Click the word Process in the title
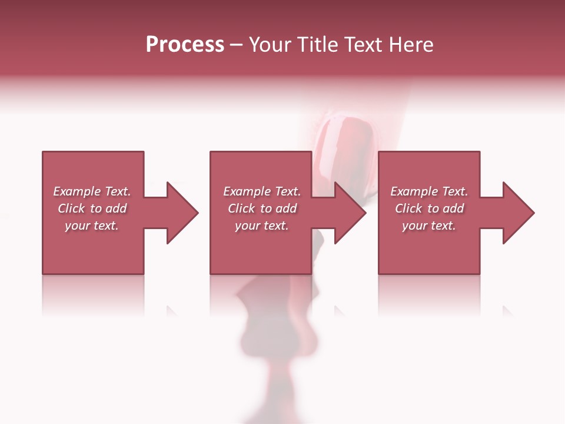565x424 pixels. pyautogui.click(x=185, y=45)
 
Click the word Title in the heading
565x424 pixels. pyautogui.click(x=318, y=45)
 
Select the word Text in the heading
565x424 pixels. pyautogui.click(x=363, y=45)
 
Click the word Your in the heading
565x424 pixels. pyautogui.click(x=270, y=45)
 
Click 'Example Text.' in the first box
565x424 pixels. pyautogui.click(x=92, y=191)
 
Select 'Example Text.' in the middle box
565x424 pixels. pyautogui.click(x=262, y=191)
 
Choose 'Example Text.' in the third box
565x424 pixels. pyautogui.click(x=429, y=191)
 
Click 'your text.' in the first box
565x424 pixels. pyautogui.click(x=92, y=226)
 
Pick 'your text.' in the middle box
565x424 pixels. pyautogui.click(x=262, y=226)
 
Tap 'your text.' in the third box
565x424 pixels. pyautogui.click(x=429, y=226)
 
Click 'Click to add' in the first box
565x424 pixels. pyautogui.click(x=92, y=208)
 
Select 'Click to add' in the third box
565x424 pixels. pyautogui.click(x=429, y=208)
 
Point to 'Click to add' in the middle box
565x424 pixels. pyautogui.click(x=262, y=208)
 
